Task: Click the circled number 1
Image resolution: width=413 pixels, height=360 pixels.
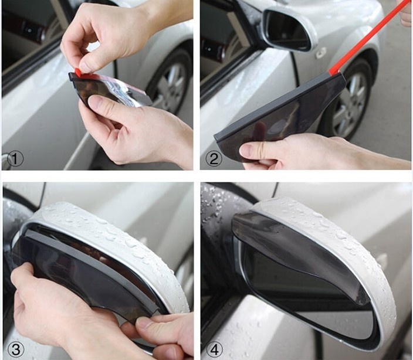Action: pyautogui.click(x=15, y=159)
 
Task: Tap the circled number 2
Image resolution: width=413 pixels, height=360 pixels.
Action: pyautogui.click(x=214, y=158)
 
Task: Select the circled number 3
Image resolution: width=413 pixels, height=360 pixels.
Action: pyautogui.click(x=16, y=349)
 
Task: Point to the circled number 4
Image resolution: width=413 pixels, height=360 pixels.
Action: pyautogui.click(x=214, y=349)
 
